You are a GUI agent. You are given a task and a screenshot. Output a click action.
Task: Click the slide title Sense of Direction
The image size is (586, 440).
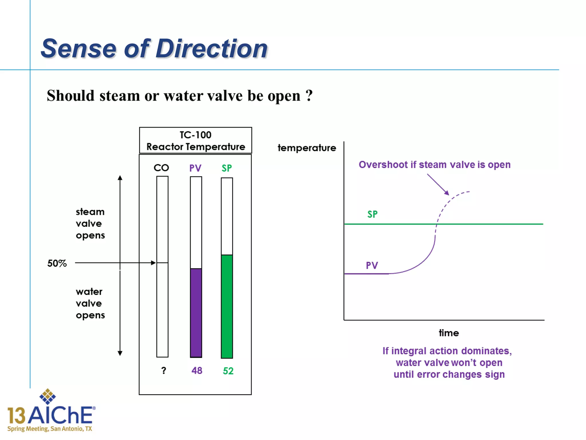[x=154, y=48]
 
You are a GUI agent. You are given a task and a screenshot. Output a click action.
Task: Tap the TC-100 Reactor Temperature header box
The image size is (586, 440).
[x=195, y=141]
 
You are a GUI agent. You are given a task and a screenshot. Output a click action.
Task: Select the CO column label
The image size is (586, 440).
[x=161, y=168]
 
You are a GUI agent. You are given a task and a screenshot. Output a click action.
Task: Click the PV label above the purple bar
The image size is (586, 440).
[x=195, y=168]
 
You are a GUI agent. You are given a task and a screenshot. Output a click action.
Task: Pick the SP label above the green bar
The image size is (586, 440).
[x=227, y=168]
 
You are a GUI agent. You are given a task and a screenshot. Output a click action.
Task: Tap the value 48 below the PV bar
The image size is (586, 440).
[x=197, y=371]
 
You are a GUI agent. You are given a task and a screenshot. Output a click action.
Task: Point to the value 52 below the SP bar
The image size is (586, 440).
[x=228, y=371]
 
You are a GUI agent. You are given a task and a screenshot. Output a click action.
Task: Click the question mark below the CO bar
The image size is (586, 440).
[x=163, y=371]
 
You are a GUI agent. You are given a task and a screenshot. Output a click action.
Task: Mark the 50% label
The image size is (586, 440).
[x=57, y=263]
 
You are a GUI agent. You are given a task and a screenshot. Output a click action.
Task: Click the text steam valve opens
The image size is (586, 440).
[x=90, y=223]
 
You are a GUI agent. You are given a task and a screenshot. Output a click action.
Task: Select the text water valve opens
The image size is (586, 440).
[x=90, y=303]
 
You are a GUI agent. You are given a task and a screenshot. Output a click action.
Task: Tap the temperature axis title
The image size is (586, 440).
[x=307, y=148]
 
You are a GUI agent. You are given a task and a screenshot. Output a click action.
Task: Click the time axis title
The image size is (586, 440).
[x=449, y=333]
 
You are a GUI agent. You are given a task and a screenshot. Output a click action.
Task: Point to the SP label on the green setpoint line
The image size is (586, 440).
[x=372, y=214]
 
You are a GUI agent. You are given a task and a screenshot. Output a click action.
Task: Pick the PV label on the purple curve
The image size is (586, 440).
[x=372, y=266]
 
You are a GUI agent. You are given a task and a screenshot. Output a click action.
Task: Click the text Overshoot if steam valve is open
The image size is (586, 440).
[x=434, y=165]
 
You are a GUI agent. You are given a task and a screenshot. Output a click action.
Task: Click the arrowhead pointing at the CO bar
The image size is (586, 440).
[x=153, y=263]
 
